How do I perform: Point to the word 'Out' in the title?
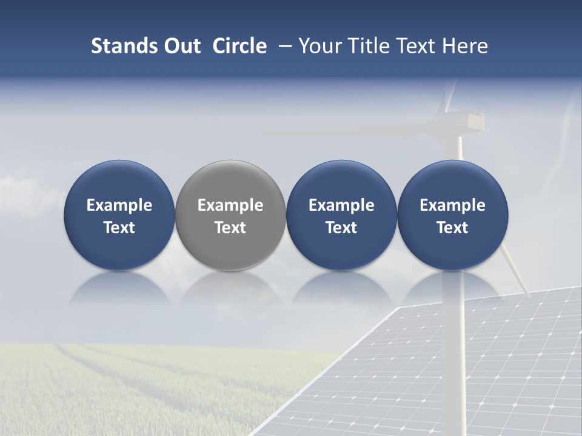[x=181, y=46]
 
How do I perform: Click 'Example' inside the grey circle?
[x=230, y=205]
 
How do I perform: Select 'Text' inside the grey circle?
[x=230, y=228]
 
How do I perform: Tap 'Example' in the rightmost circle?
[x=452, y=205]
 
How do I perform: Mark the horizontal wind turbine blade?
[x=352, y=130]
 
